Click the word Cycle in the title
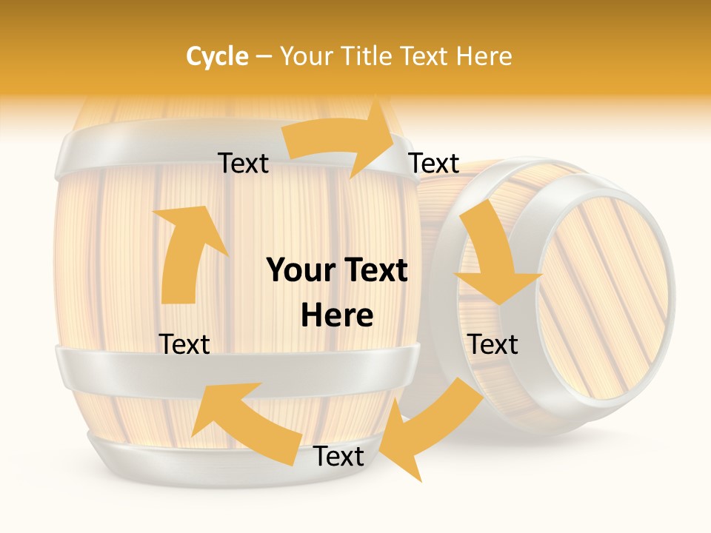[x=217, y=56]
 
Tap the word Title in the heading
[x=366, y=56]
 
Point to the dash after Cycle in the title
[x=264, y=57]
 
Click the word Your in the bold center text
[x=300, y=271]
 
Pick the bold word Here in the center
[x=337, y=316]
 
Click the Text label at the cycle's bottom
[x=338, y=457]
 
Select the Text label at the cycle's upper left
[x=244, y=164]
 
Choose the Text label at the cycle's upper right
[x=434, y=164]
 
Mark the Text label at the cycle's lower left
[x=184, y=344]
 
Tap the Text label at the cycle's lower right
[x=493, y=344]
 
